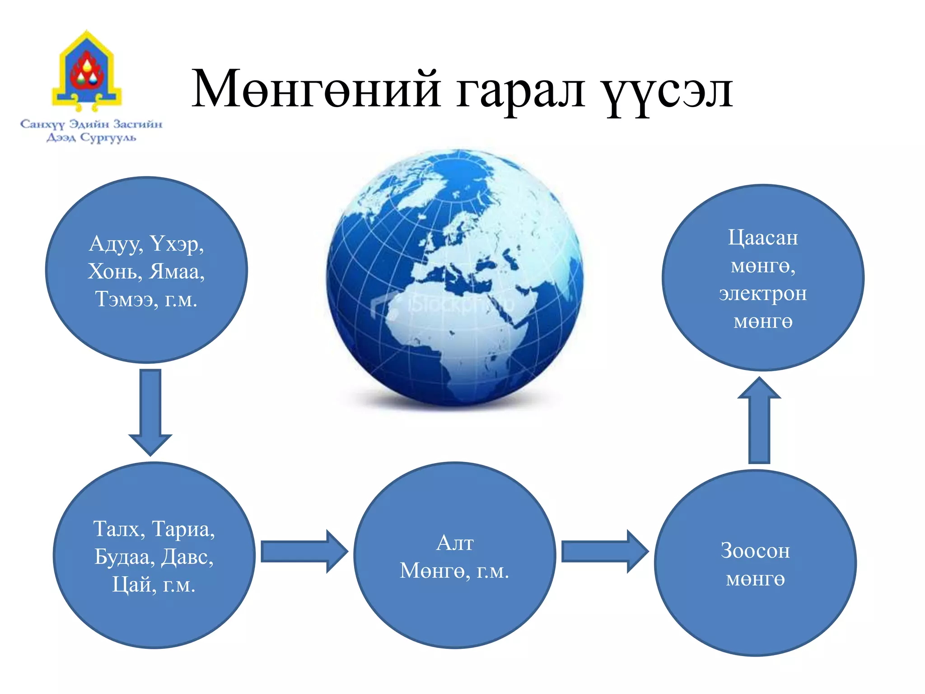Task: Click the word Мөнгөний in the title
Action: (316, 89)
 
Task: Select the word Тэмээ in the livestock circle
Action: (124, 299)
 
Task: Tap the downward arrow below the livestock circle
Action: (150, 411)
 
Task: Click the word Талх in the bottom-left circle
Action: (117, 529)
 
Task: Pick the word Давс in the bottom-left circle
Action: (187, 557)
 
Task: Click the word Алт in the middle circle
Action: (455, 543)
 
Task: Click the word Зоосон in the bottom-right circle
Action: (755, 551)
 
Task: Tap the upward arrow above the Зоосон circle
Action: (759, 420)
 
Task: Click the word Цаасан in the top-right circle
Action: (763, 238)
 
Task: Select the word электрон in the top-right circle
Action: (763, 294)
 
